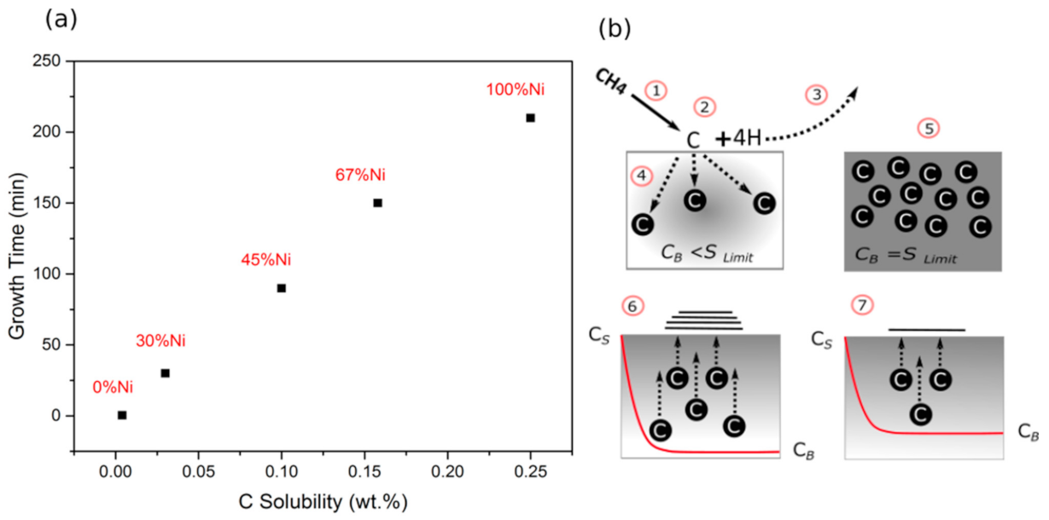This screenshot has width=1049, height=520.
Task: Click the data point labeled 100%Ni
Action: point(530,118)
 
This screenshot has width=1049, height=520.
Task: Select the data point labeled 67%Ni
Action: point(377,203)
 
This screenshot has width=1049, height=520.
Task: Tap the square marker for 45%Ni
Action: point(281,288)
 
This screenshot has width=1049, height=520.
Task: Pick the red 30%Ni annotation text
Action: point(160,341)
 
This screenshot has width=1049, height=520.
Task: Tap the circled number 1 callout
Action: point(656,90)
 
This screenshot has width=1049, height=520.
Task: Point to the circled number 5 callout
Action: point(927,129)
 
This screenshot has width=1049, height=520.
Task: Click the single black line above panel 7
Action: point(927,329)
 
